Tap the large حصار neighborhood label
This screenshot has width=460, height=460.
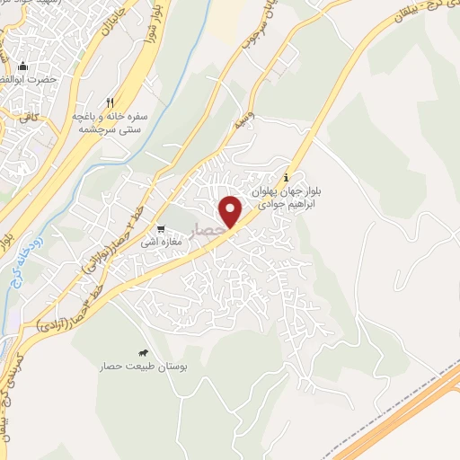tap(212, 232)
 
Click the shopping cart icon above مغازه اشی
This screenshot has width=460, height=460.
tap(162, 229)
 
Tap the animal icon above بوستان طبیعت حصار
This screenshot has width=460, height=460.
tap(143, 353)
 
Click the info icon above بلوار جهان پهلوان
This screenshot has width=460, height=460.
tap(287, 175)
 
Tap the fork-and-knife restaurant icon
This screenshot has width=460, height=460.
tap(111, 102)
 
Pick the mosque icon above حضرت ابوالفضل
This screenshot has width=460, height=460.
tap(23, 66)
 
